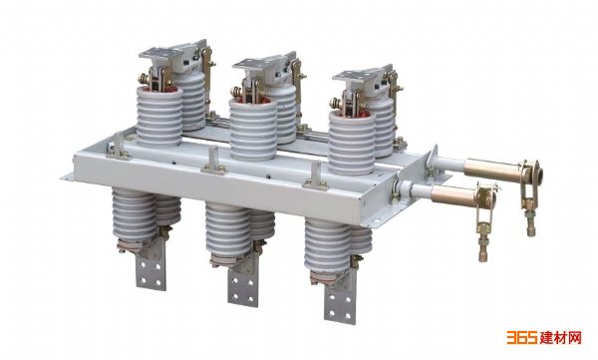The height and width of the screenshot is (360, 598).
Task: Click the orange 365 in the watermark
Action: [522, 337]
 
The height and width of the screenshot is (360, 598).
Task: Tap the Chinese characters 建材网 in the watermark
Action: [560, 337]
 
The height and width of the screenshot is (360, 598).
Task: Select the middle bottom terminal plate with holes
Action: [243, 283]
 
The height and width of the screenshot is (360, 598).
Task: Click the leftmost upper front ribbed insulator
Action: [159, 117]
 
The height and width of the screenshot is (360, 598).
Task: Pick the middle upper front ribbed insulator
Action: [253, 129]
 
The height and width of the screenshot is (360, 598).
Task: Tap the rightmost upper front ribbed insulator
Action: [352, 144]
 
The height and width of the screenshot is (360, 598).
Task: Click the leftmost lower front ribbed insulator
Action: [135, 215]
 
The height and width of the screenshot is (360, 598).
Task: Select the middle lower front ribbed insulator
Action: [228, 231]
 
